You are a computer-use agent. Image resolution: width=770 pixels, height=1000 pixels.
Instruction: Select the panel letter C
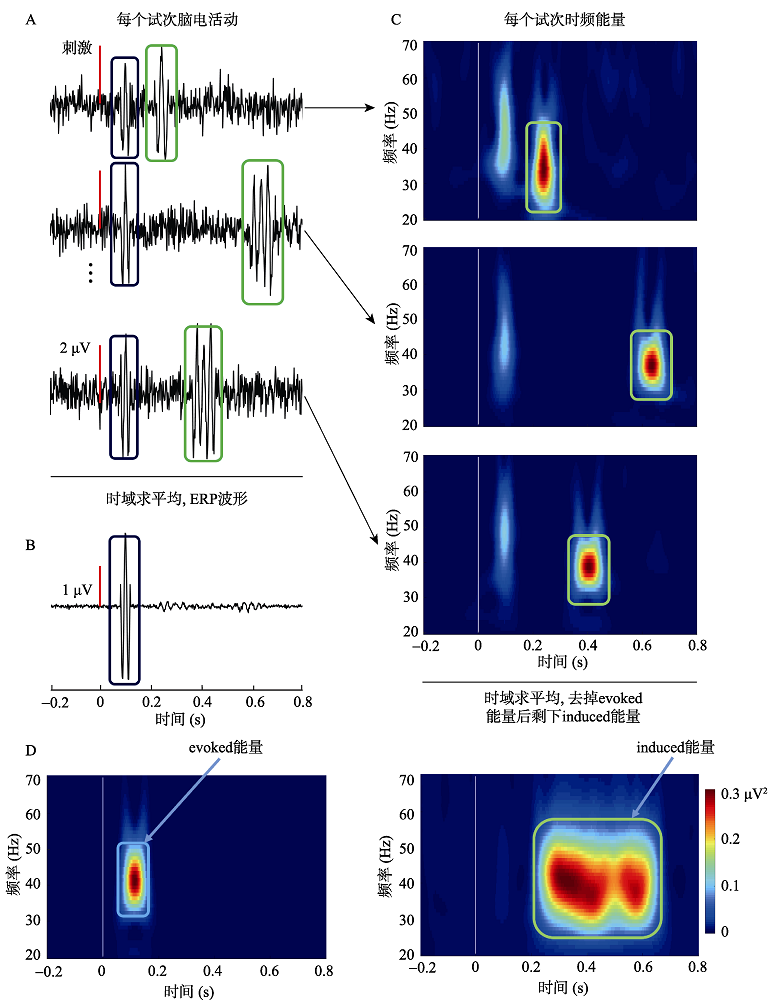[397, 19]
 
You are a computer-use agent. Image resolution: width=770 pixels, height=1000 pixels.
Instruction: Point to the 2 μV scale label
[75, 349]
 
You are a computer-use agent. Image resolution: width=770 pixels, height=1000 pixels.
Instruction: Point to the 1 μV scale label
[77, 590]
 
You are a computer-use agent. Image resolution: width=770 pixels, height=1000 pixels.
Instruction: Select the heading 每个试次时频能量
[559, 19]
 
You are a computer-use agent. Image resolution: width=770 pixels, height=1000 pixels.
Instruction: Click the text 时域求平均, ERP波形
[177, 497]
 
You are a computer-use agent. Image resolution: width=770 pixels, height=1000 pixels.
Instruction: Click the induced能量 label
[676, 747]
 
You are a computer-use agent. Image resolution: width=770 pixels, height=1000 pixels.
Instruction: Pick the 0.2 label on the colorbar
[730, 840]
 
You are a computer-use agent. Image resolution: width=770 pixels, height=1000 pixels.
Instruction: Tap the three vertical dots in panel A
[89, 272]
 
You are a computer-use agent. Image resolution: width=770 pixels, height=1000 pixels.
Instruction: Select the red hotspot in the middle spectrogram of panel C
[652, 364]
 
